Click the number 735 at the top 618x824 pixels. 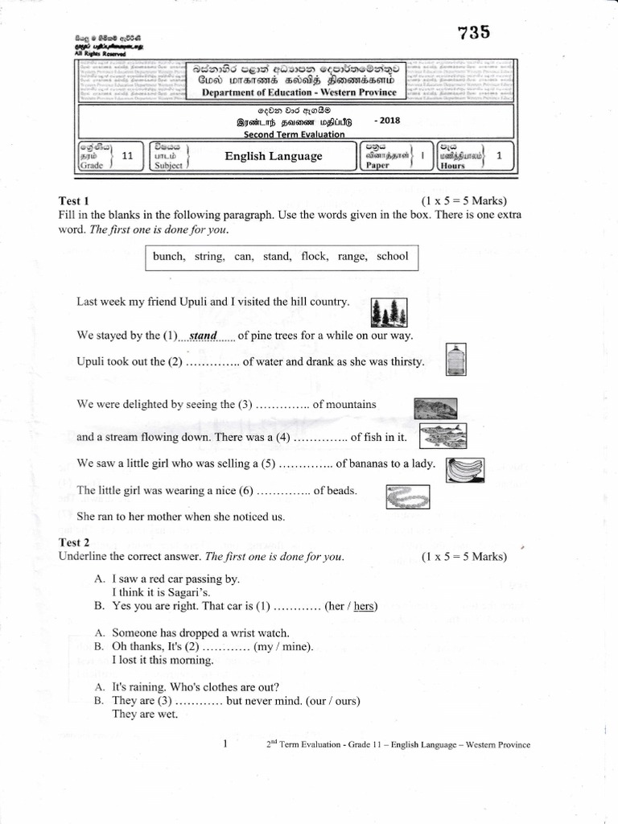click(x=473, y=33)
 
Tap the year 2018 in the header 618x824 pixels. click(x=386, y=120)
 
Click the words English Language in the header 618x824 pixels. click(x=274, y=156)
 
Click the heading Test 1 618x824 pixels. click(x=74, y=200)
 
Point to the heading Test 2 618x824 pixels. click(x=74, y=543)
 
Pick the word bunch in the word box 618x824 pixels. click(x=168, y=257)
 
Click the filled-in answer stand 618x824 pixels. click(x=203, y=335)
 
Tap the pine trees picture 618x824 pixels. click(x=389, y=312)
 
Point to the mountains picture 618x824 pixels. click(x=435, y=407)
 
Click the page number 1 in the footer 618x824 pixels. click(x=225, y=744)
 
